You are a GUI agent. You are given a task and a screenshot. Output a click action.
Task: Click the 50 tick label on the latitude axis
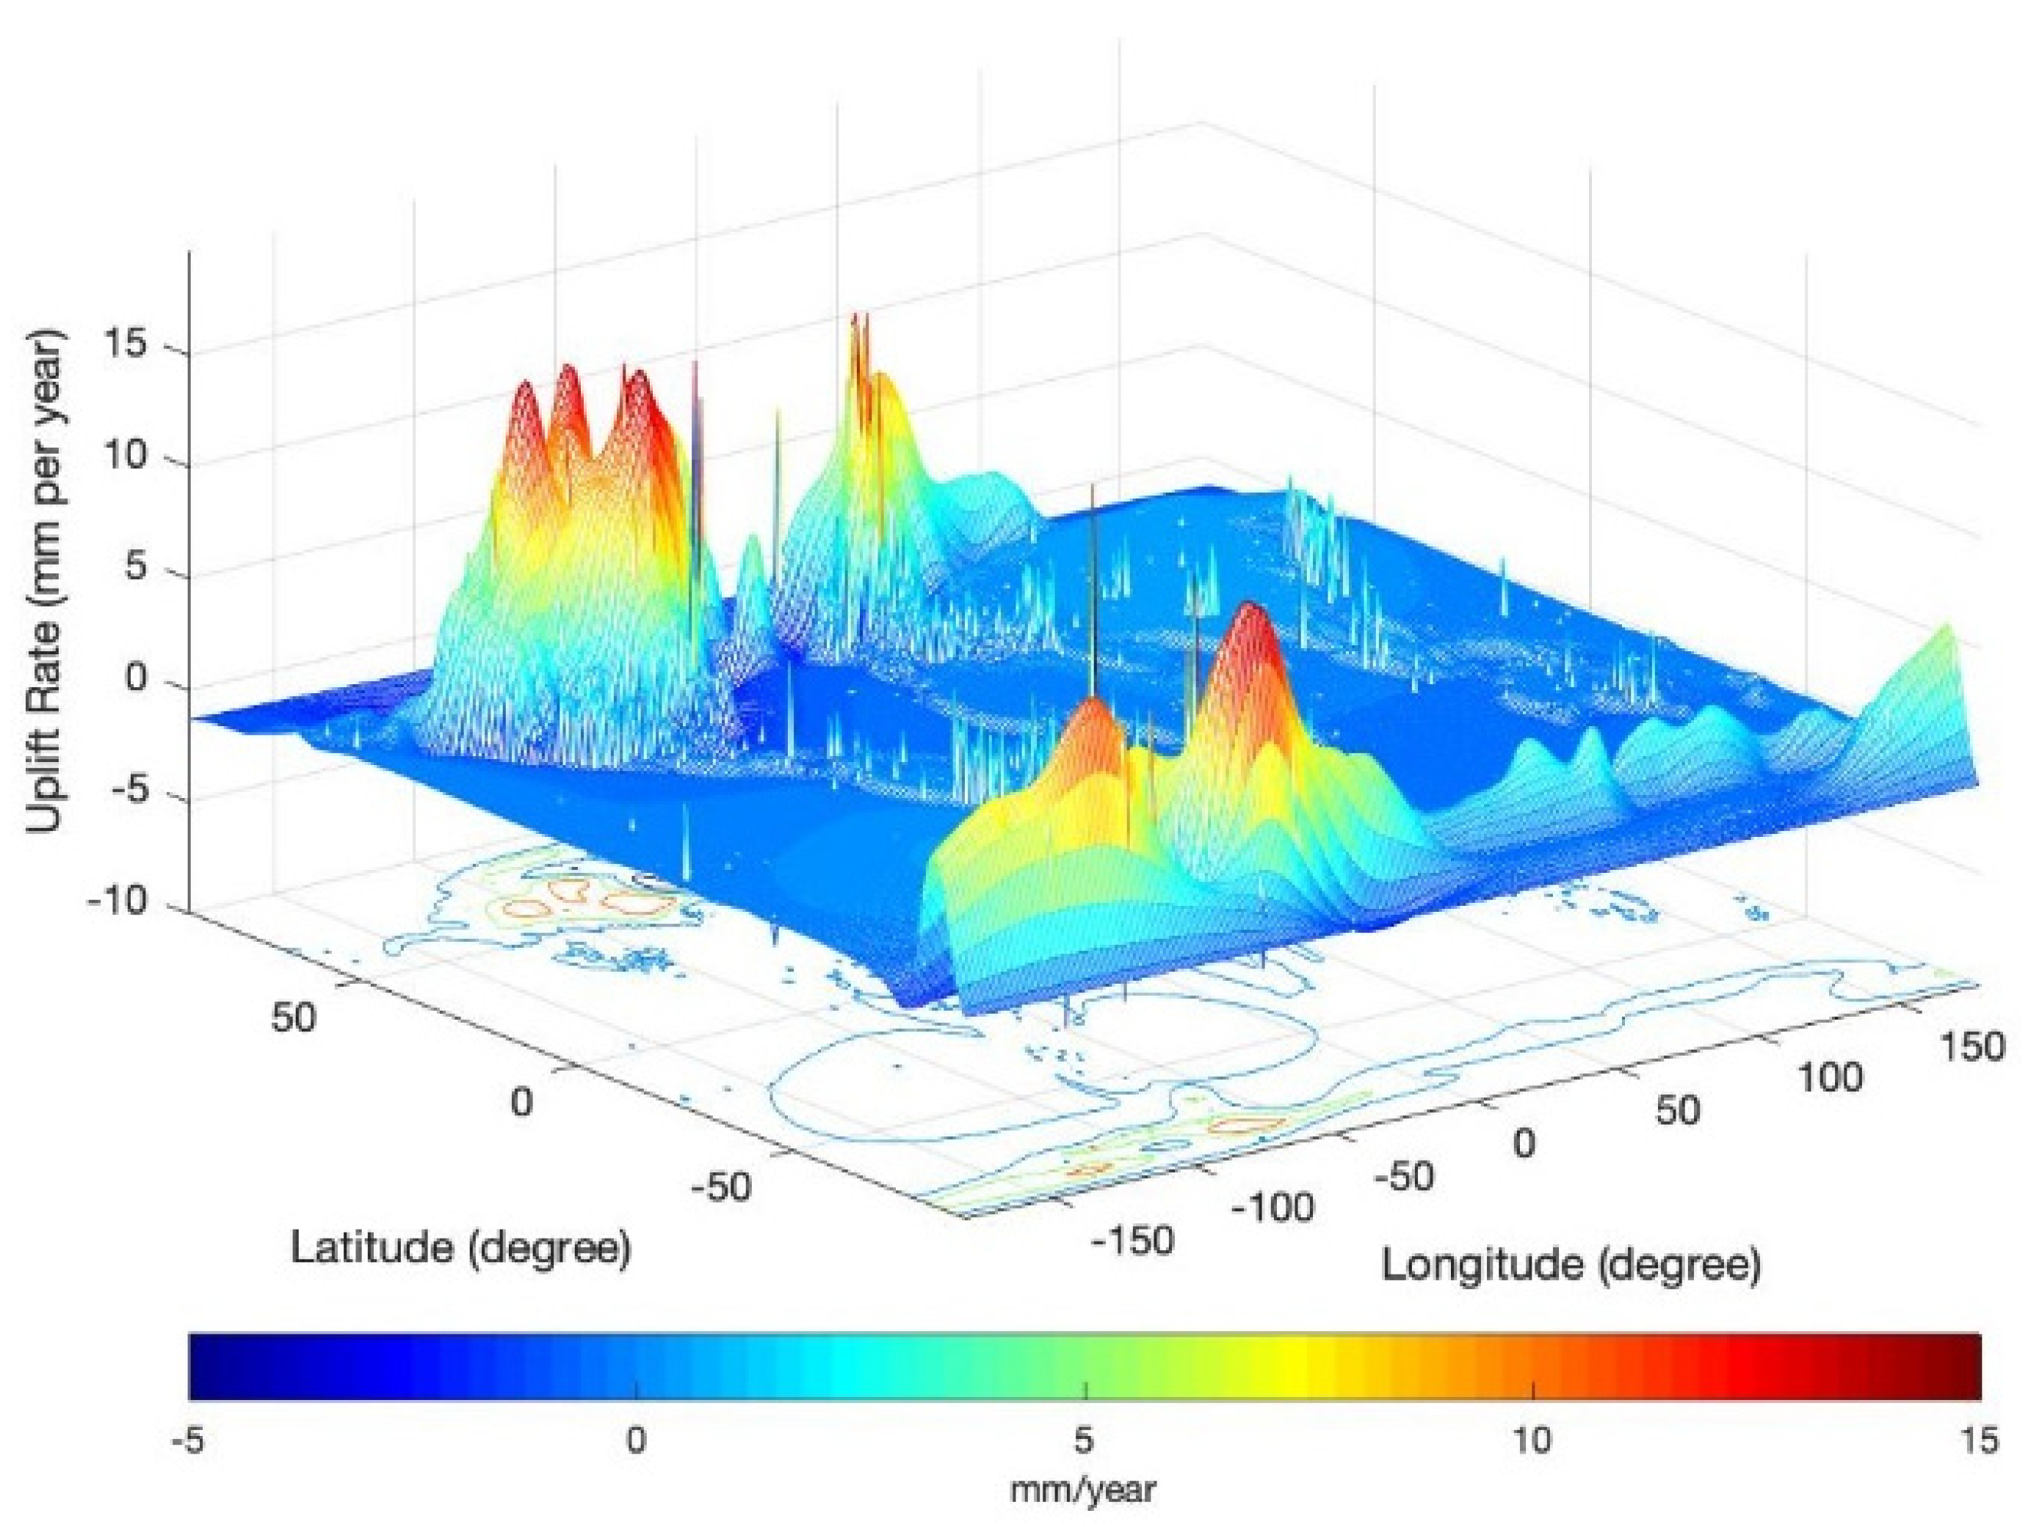(x=294, y=1018)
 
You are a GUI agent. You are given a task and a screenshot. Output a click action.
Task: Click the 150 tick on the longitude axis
(x=1971, y=1047)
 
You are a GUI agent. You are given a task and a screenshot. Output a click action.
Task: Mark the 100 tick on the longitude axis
(x=1829, y=1078)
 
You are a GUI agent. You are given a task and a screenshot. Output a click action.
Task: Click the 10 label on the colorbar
(x=1532, y=1442)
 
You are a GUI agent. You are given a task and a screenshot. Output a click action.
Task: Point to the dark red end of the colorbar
(x=1966, y=1366)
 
